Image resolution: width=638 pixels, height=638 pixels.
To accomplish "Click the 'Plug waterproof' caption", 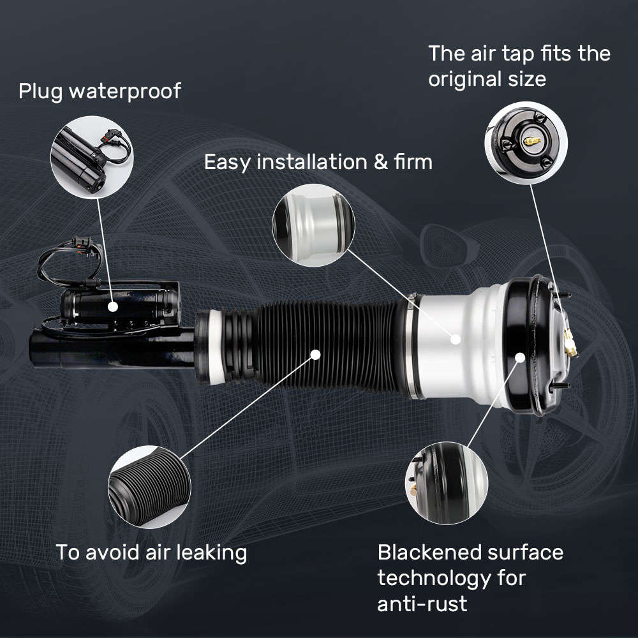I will (x=99, y=91).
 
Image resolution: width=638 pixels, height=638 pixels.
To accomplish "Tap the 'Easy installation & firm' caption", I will (x=318, y=161).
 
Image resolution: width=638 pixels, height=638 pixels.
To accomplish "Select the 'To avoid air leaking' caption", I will (x=151, y=552).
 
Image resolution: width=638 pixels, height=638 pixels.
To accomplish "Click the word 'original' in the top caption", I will (x=463, y=80).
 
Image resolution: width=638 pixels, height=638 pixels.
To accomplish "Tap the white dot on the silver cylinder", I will (x=455, y=339).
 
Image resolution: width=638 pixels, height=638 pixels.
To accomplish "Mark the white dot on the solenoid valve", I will (x=113, y=307).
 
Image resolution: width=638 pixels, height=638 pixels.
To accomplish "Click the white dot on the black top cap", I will (x=519, y=358).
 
